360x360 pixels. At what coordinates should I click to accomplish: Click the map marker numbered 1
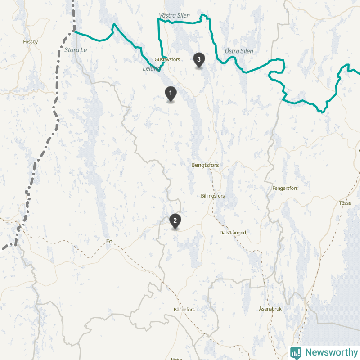[170, 93]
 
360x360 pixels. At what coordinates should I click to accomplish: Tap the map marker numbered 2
[175, 220]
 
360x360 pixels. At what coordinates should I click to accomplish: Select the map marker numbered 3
[198, 59]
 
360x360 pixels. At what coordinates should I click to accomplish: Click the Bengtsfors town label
[205, 165]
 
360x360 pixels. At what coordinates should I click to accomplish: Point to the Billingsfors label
[213, 196]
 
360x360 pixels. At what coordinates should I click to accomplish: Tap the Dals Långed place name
[233, 233]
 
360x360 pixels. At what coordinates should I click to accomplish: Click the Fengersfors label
[285, 188]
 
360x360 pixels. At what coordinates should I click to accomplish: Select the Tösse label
[345, 203]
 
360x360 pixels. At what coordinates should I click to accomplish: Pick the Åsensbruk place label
[270, 309]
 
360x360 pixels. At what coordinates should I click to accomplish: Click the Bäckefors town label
[184, 310]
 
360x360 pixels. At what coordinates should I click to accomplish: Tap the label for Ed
[109, 242]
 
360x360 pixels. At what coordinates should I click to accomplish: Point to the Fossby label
[31, 42]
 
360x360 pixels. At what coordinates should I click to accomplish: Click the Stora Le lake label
[76, 50]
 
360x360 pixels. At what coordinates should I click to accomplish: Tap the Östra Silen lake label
[239, 51]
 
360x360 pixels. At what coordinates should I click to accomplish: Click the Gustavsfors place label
[167, 59]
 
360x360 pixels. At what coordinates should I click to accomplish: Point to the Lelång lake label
[151, 68]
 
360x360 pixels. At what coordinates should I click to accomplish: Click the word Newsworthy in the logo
[331, 352]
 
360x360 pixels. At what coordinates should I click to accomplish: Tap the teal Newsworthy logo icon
[296, 352]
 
